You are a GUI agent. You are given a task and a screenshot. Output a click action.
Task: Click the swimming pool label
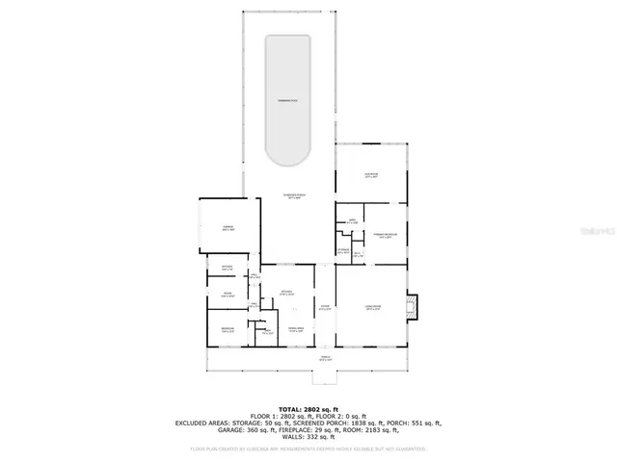click(287, 100)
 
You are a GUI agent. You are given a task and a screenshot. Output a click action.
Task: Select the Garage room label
click(228, 229)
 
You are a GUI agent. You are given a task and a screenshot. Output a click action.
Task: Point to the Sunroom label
click(371, 176)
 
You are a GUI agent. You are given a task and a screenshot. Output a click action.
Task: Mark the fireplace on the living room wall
click(414, 307)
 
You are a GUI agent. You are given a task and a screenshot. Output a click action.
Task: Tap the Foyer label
click(325, 309)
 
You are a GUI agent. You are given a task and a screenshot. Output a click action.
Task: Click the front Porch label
click(325, 359)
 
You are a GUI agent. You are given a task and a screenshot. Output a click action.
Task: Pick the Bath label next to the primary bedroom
click(353, 222)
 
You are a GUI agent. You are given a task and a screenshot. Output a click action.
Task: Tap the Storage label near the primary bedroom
click(342, 252)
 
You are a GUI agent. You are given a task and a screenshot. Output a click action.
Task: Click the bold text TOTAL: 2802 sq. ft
click(308, 408)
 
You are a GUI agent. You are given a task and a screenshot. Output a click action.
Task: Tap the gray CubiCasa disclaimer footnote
click(308, 448)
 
